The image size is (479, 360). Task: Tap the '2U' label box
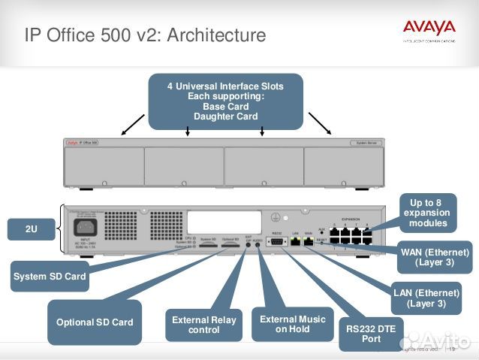pos(31,229)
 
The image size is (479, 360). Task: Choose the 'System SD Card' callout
pos(50,276)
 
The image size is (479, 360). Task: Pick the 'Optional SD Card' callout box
pos(95,322)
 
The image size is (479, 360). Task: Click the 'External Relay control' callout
pos(203,325)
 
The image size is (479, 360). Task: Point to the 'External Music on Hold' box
pos(292,324)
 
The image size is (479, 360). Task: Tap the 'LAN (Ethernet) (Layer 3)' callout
pos(426,298)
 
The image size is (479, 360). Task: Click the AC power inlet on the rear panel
pos(85,225)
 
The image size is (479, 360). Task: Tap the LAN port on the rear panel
pos(295,243)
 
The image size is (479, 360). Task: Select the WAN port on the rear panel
pos(309,243)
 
